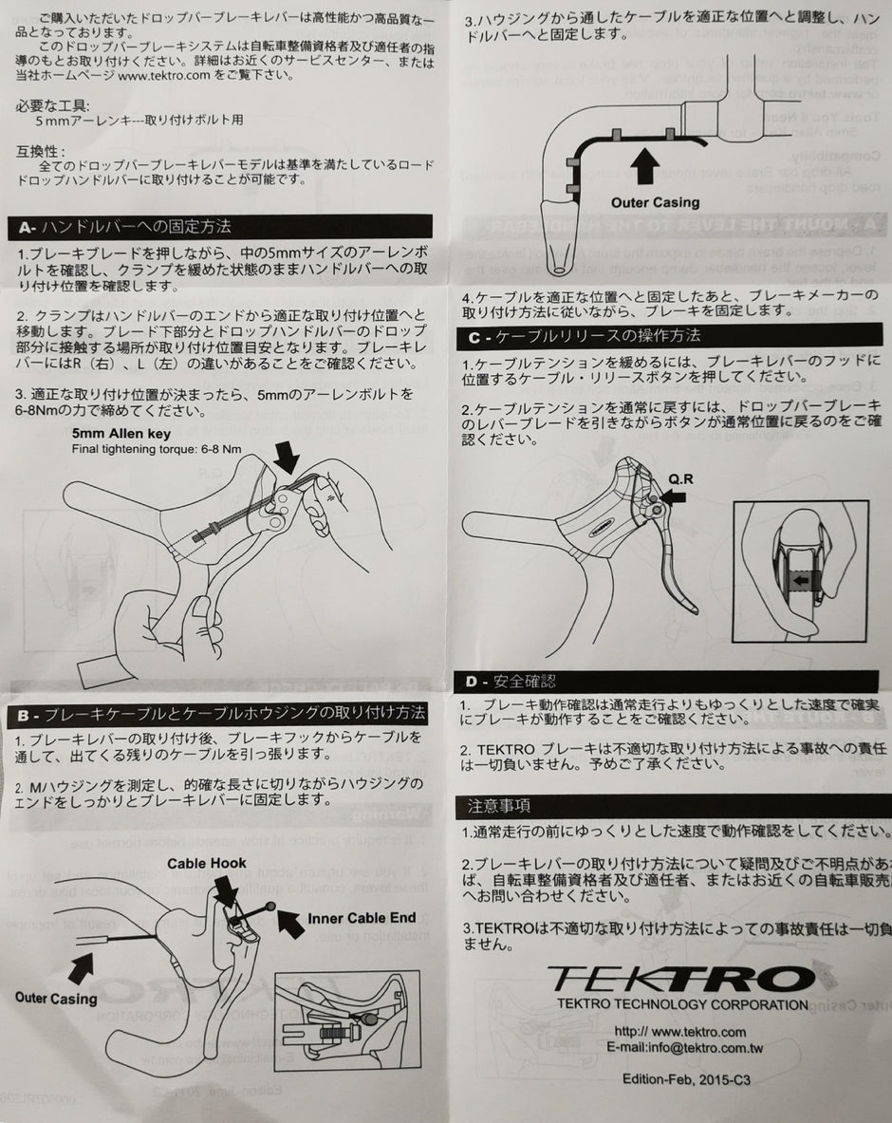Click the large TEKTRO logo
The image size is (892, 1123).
(x=681, y=977)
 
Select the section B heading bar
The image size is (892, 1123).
(x=218, y=713)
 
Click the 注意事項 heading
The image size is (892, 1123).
(x=498, y=806)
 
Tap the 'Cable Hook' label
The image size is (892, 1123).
(x=207, y=863)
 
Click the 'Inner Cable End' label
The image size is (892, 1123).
(x=362, y=918)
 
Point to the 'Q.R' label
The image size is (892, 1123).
(x=681, y=478)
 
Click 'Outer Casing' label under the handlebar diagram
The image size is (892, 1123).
(x=655, y=202)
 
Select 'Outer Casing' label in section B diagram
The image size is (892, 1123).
(x=56, y=998)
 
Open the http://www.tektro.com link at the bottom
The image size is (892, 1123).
(x=679, y=1032)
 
